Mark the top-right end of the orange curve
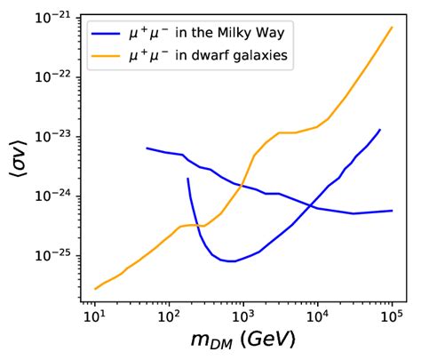[x=392, y=27]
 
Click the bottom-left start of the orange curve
[x=94, y=289]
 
